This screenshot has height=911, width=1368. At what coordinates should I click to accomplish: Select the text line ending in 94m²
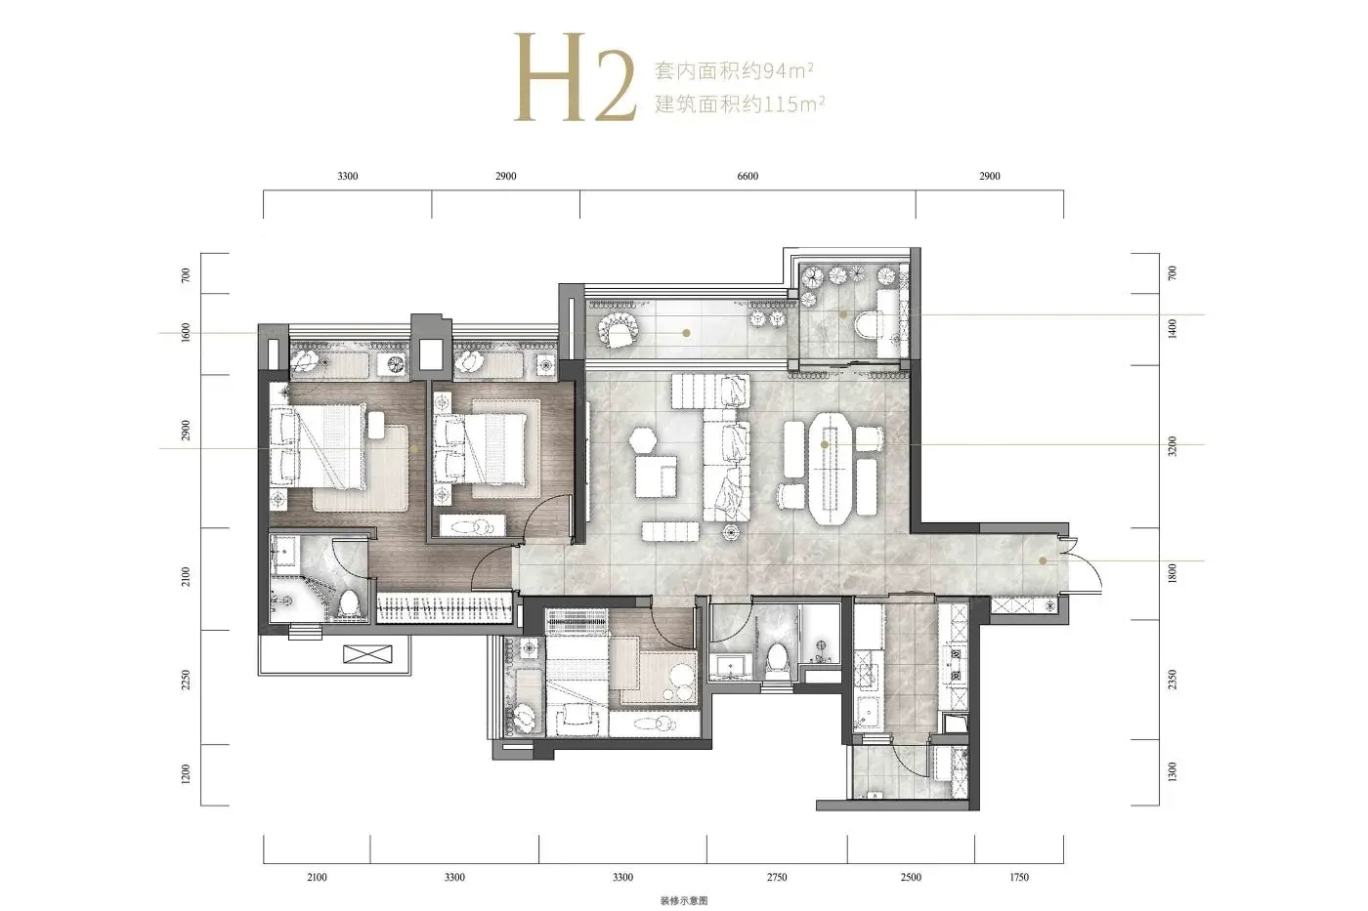point(734,71)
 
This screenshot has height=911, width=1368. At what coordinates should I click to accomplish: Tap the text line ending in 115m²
point(740,104)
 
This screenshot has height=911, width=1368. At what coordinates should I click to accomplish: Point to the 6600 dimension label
point(748,177)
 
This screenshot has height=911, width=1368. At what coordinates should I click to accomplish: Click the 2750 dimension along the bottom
point(777,878)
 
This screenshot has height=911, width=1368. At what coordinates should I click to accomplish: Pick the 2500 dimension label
point(911,878)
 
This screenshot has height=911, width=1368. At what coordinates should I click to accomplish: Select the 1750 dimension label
point(1018,878)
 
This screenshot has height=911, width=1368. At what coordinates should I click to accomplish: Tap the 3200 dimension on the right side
point(1172,446)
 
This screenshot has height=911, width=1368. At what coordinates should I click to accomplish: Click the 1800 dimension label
point(1172,573)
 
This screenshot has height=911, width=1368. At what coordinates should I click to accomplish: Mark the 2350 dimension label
point(1172,680)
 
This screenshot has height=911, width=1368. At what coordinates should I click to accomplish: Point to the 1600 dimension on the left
point(186,333)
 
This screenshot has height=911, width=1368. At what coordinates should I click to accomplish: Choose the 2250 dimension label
point(186,681)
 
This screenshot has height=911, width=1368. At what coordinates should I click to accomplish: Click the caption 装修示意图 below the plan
point(684,900)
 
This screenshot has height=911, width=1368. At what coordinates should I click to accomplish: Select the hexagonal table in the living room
point(643,439)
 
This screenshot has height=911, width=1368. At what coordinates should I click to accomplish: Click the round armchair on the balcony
point(618,330)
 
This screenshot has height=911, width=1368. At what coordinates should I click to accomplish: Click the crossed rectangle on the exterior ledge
point(367,654)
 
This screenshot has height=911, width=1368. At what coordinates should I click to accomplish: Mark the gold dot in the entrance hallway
point(1044,560)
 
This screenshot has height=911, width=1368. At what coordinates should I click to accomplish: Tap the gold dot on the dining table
point(825,445)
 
